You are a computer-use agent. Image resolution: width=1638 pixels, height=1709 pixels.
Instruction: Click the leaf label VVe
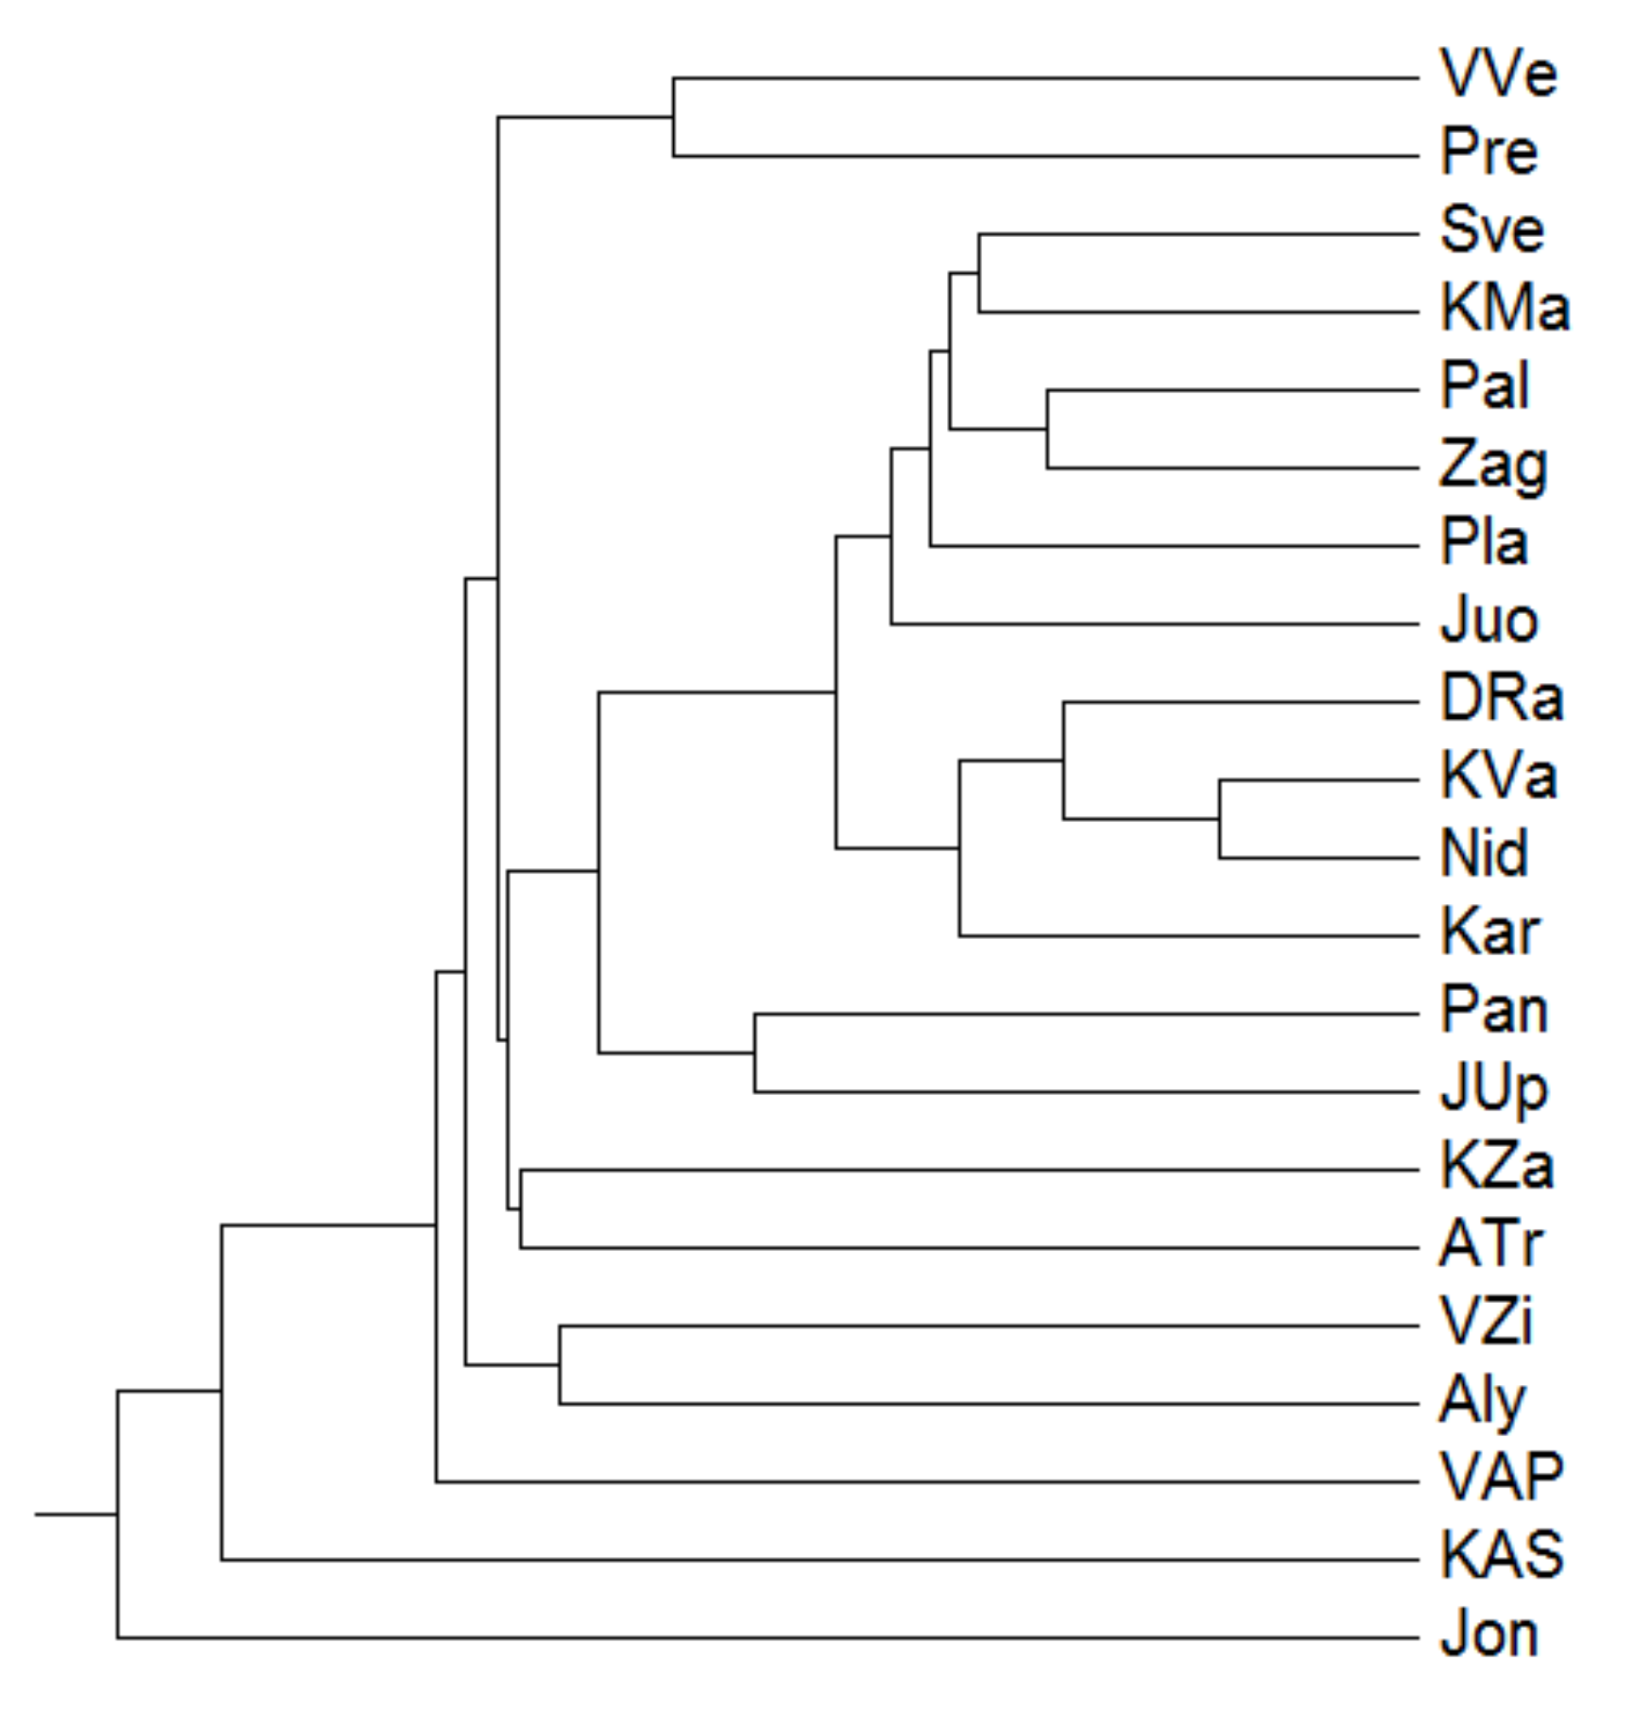pos(1496,74)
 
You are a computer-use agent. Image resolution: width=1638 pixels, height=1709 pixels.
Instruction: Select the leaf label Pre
pos(1488,153)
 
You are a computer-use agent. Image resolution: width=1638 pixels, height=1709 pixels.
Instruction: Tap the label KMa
pos(1504,309)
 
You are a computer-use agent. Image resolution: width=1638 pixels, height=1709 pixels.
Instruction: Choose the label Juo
pos(1488,622)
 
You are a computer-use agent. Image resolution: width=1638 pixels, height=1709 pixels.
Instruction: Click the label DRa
pos(1500,699)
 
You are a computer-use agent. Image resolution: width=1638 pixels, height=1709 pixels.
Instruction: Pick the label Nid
pos(1484,854)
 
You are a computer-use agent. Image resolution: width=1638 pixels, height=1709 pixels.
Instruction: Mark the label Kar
pos(1489,933)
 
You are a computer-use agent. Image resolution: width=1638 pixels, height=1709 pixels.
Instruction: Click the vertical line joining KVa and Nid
pos(1219,820)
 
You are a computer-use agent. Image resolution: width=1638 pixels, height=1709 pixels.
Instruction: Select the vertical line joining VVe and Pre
pos(673,117)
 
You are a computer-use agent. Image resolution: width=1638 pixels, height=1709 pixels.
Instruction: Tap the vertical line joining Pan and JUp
pos(754,1052)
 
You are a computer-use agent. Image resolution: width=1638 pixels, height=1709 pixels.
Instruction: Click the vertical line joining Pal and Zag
pos(1048,429)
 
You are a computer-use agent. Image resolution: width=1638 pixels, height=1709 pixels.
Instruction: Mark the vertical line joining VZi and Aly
pos(560,1364)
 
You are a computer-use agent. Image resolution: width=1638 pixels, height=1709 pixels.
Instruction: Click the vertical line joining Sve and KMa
pos(979,273)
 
